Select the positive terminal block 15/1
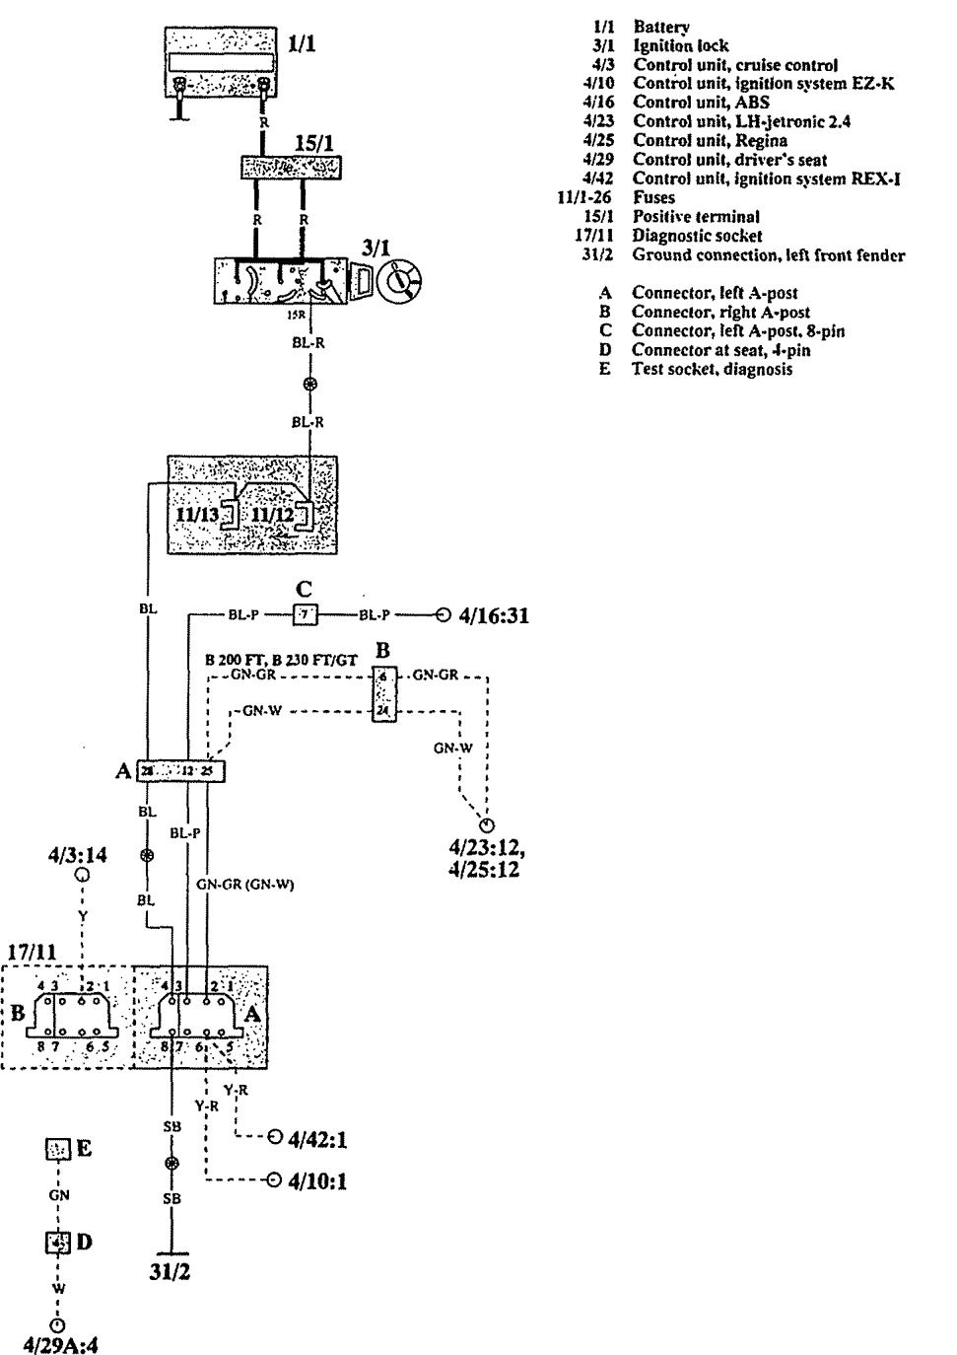click(x=291, y=168)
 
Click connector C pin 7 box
click(x=305, y=615)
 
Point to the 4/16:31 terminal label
click(x=495, y=615)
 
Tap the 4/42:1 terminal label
click(x=317, y=1141)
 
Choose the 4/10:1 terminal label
click(x=317, y=1181)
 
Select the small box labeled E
click(x=57, y=1149)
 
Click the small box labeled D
click(x=57, y=1243)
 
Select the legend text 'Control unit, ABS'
click(x=701, y=103)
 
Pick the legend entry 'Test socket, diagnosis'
click(x=712, y=369)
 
